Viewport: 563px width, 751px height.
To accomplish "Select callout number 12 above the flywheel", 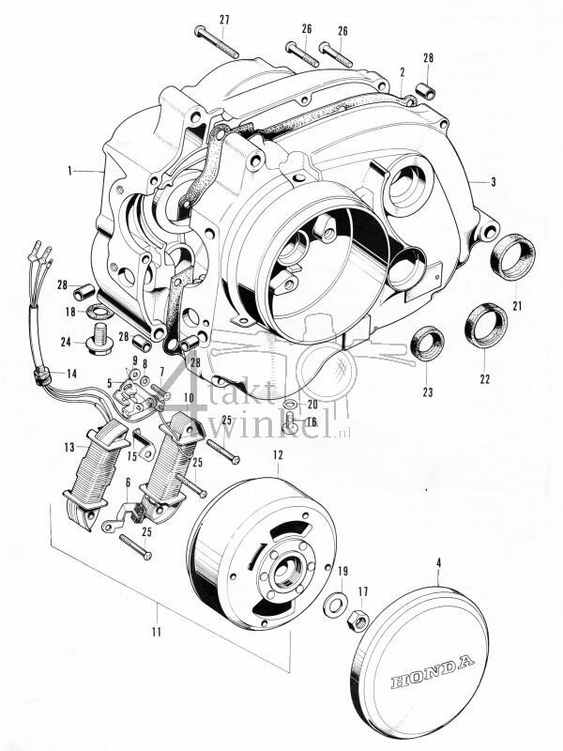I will pyautogui.click(x=277, y=455).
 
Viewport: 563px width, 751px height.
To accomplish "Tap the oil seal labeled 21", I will pyautogui.click(x=514, y=257).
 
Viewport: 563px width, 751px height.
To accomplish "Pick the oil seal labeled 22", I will pyautogui.click(x=485, y=325).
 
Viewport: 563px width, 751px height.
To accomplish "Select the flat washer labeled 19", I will pyautogui.click(x=333, y=605).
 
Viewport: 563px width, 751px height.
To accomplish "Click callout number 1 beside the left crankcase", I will pyautogui.click(x=69, y=171).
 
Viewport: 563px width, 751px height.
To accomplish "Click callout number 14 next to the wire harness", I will pyautogui.click(x=69, y=373).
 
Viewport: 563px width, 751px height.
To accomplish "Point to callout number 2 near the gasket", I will pyautogui.click(x=402, y=71).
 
